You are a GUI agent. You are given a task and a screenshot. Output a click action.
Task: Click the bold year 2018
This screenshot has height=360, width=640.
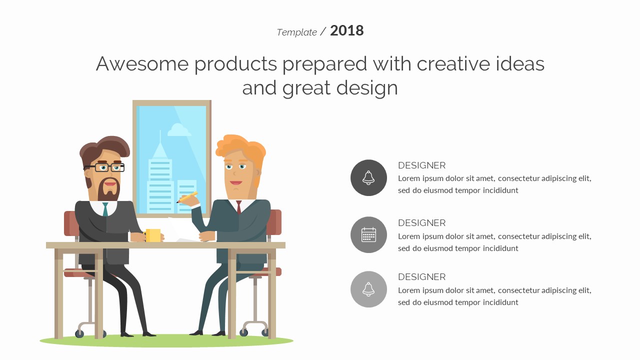[x=347, y=30]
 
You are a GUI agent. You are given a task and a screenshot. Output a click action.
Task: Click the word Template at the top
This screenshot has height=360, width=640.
[x=296, y=32]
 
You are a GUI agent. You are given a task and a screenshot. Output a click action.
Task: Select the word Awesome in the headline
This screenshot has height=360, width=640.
[x=142, y=63]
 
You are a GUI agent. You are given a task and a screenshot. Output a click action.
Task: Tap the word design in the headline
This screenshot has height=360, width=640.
[x=367, y=87]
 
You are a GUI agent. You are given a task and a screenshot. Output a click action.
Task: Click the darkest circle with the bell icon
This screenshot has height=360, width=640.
[x=368, y=177]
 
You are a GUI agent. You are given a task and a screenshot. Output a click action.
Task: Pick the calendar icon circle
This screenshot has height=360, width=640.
[x=368, y=234]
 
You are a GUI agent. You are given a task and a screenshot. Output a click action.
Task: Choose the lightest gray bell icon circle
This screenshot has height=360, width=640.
[x=368, y=289]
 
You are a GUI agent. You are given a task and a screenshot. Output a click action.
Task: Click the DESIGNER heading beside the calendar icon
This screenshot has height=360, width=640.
[x=421, y=223]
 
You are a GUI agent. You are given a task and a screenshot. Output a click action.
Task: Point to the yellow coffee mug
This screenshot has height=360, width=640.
[x=152, y=235]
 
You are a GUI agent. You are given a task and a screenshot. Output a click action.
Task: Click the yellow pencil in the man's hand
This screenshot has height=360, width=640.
[x=187, y=197]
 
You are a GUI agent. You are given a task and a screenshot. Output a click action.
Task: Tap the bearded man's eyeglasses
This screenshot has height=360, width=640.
[x=104, y=167]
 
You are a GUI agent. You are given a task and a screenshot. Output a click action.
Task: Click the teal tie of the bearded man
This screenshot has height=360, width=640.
[x=105, y=209]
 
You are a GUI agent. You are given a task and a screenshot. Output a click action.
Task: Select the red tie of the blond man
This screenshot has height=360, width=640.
[x=239, y=207]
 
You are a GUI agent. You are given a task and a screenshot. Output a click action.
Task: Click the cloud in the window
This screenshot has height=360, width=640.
[x=179, y=130]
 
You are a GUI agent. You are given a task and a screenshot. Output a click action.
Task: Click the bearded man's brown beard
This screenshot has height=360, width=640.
[x=108, y=190]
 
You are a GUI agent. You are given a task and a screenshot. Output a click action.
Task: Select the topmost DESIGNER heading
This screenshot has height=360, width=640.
[x=421, y=165]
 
